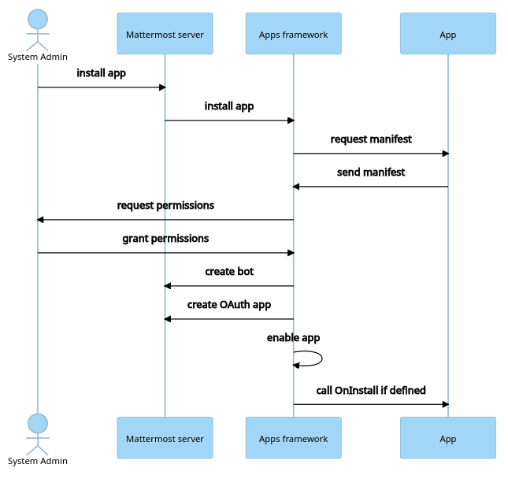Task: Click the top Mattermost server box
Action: [x=165, y=34]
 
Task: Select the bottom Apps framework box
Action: [x=293, y=438]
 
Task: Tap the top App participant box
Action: [x=447, y=34]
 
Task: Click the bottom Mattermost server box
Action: [x=165, y=438]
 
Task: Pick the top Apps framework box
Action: [x=293, y=34]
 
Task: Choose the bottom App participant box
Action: [x=447, y=438]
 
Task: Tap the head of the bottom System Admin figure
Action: [x=38, y=423]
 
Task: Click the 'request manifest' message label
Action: [x=370, y=139]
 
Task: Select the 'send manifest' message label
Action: [x=370, y=173]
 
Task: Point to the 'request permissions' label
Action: [x=165, y=206]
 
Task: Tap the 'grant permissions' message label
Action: [x=165, y=239]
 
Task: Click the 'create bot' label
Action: [x=229, y=272]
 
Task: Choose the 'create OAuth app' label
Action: [x=229, y=305]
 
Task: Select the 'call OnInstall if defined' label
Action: [x=370, y=391]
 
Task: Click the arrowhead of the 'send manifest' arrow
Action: [x=297, y=187]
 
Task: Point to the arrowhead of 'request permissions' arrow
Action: [x=41, y=220]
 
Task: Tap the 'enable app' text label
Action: [x=293, y=338]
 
